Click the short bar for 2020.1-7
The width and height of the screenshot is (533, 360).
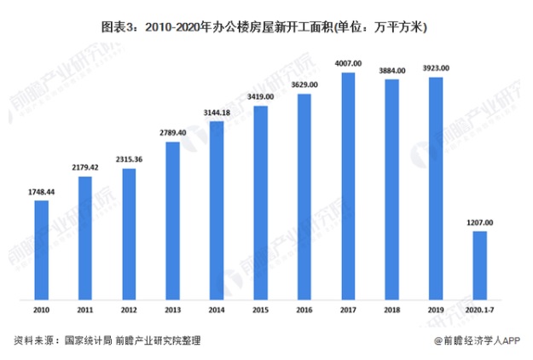pos(479,265)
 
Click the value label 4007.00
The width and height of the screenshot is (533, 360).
pos(348,63)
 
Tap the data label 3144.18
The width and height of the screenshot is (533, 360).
pos(217,113)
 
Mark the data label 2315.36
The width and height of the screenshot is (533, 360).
pos(129,160)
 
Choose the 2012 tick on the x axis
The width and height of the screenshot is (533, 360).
pos(129,311)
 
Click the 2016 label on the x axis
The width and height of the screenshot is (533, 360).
pos(304,311)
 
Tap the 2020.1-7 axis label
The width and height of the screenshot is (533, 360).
pos(479,311)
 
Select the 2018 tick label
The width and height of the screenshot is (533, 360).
pos(391,311)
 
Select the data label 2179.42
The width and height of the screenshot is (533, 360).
pos(85,167)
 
